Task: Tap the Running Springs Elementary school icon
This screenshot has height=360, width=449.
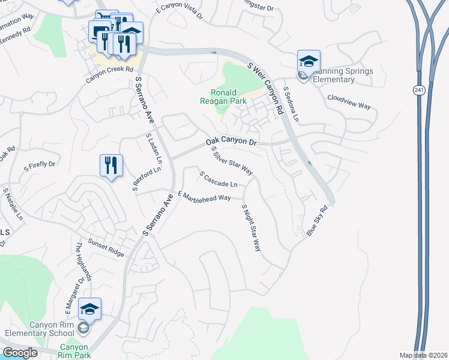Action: [309, 62]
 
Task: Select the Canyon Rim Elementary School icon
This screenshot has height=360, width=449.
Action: [89, 310]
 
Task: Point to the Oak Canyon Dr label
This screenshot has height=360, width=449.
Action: [231, 142]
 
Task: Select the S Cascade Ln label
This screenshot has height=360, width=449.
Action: [218, 178]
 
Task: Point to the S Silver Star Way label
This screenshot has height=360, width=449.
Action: [232, 160]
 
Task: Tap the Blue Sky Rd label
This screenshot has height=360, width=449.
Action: [318, 221]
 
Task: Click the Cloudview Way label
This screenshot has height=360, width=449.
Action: [349, 100]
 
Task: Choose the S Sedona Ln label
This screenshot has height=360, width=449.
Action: [291, 104]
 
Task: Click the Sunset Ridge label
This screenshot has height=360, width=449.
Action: [107, 248]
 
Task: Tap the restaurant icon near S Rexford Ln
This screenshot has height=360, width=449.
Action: [111, 165]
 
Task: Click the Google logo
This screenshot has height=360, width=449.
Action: [20, 353]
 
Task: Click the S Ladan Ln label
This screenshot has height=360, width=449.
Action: [154, 149]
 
